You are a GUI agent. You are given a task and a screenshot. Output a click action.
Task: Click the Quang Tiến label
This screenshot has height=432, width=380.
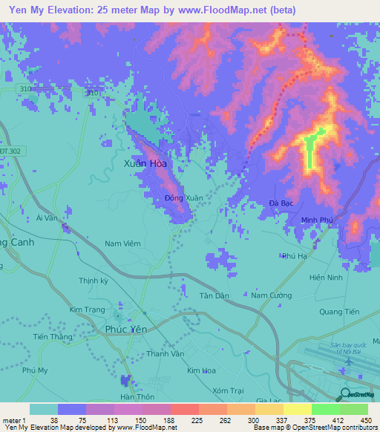(x=338, y=312)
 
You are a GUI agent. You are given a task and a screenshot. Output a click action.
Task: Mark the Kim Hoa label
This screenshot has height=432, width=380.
(x=200, y=370)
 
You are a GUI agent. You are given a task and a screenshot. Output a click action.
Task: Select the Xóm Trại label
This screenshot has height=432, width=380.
(x=226, y=390)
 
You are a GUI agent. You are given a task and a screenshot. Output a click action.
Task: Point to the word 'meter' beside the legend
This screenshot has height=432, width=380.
(x=13, y=419)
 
